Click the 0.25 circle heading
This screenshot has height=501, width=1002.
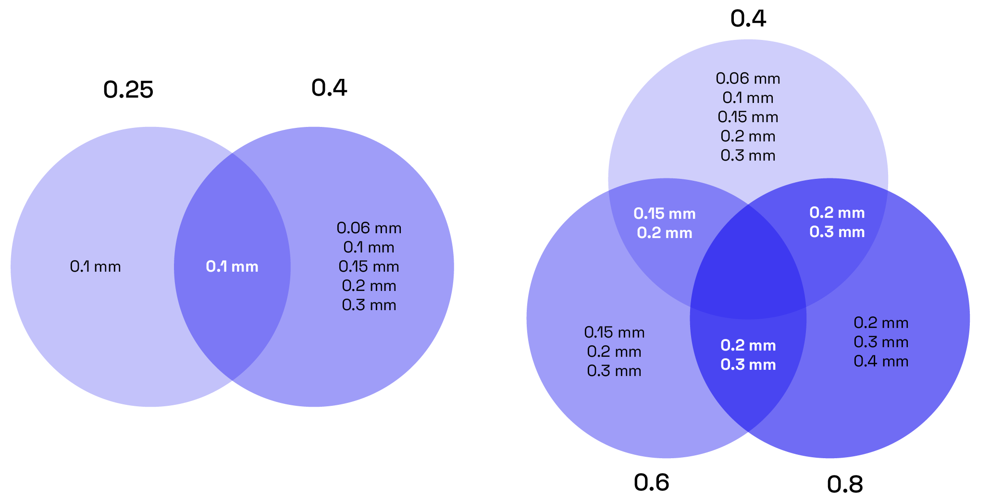pyautogui.click(x=128, y=90)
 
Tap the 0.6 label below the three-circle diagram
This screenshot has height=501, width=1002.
pyautogui.click(x=651, y=483)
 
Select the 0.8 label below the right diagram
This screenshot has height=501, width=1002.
pyautogui.click(x=845, y=485)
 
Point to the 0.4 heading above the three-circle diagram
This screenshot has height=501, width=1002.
pyautogui.click(x=748, y=19)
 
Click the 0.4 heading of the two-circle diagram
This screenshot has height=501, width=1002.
pyautogui.click(x=329, y=88)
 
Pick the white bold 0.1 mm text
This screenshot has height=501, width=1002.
pyautogui.click(x=232, y=267)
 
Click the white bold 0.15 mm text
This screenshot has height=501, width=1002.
pyautogui.click(x=665, y=213)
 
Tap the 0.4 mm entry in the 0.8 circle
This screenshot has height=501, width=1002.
pyautogui.click(x=881, y=361)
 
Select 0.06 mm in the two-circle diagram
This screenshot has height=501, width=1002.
pyautogui.click(x=369, y=228)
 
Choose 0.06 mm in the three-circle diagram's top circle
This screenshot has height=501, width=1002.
pyautogui.click(x=748, y=78)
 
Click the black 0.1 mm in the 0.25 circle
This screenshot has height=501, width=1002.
pyautogui.click(x=95, y=267)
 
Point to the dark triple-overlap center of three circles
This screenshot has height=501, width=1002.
pyautogui.click(x=748, y=269)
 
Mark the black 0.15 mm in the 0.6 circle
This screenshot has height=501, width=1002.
pyautogui.click(x=614, y=332)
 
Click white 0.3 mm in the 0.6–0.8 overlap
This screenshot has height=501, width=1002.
pyautogui.click(x=748, y=364)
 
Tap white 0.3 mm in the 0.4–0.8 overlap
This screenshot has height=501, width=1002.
pyautogui.click(x=837, y=232)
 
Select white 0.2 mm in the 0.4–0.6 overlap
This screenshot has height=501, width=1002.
pyautogui.click(x=665, y=233)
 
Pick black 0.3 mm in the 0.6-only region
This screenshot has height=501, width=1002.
pyautogui.click(x=614, y=371)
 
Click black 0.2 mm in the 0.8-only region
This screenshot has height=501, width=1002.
pyautogui.click(x=881, y=323)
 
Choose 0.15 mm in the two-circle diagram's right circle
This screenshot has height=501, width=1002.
pyautogui.click(x=369, y=266)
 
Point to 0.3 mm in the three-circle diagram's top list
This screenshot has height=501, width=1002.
pyautogui.click(x=748, y=155)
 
